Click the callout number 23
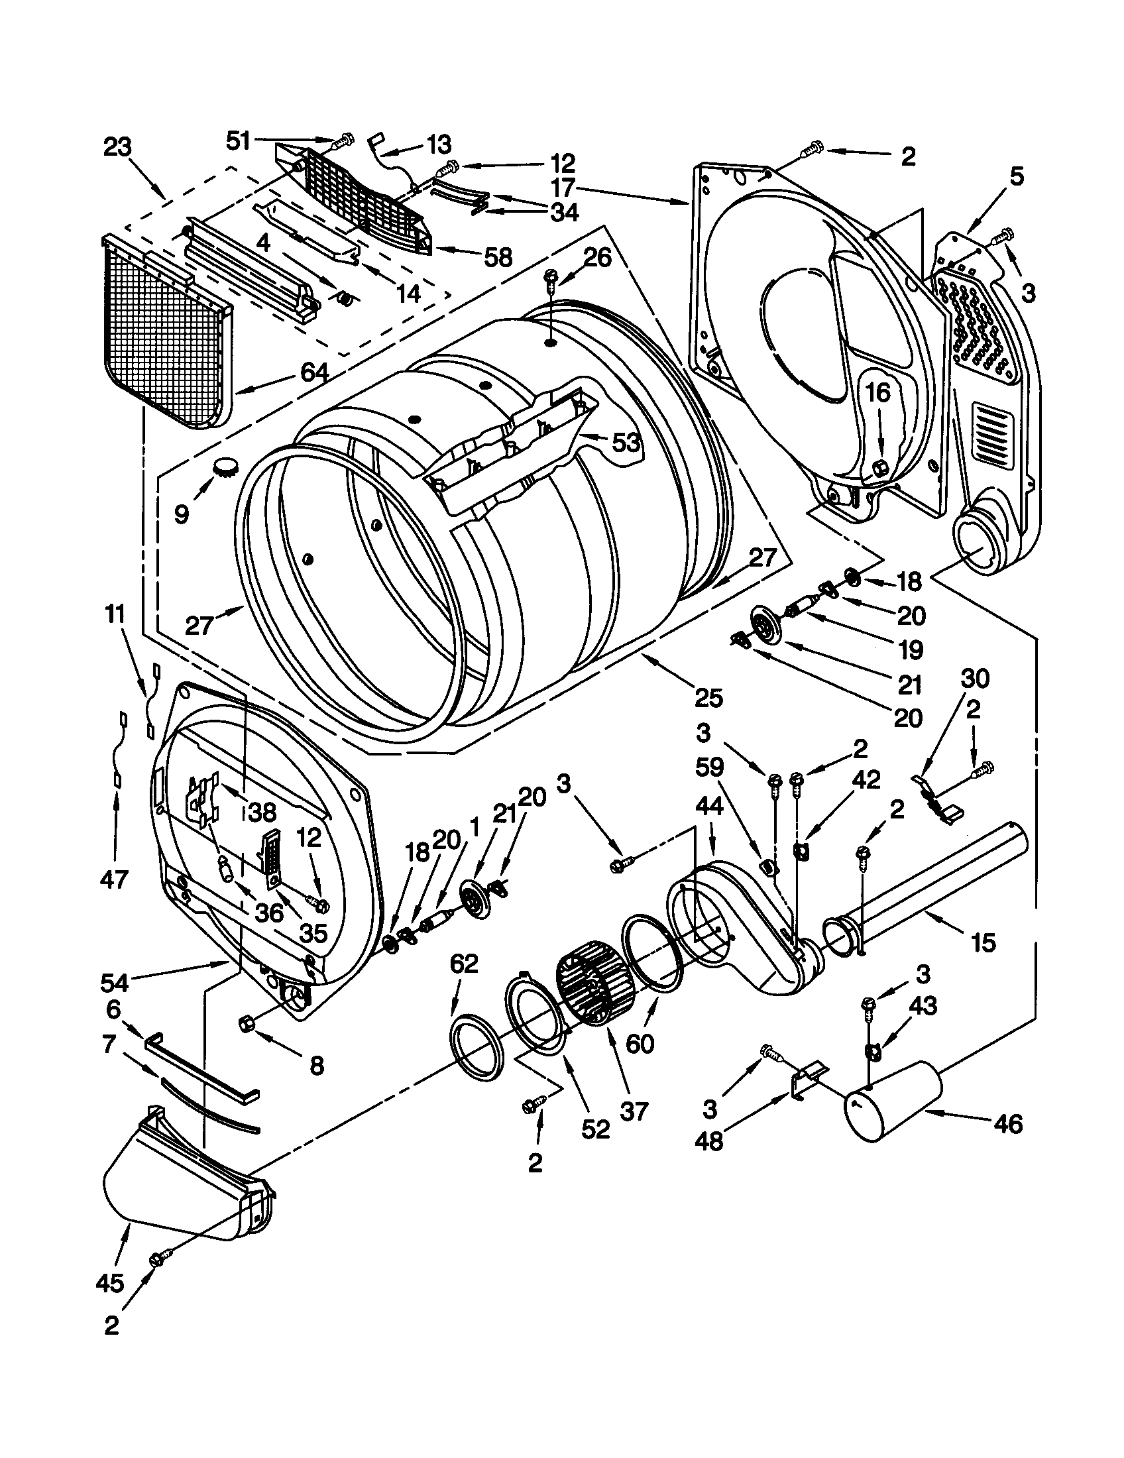click(117, 147)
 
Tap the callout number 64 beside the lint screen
click(314, 373)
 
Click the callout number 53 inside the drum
click(626, 441)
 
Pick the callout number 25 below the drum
click(709, 698)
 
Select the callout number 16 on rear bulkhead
click(879, 392)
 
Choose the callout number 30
click(975, 679)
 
